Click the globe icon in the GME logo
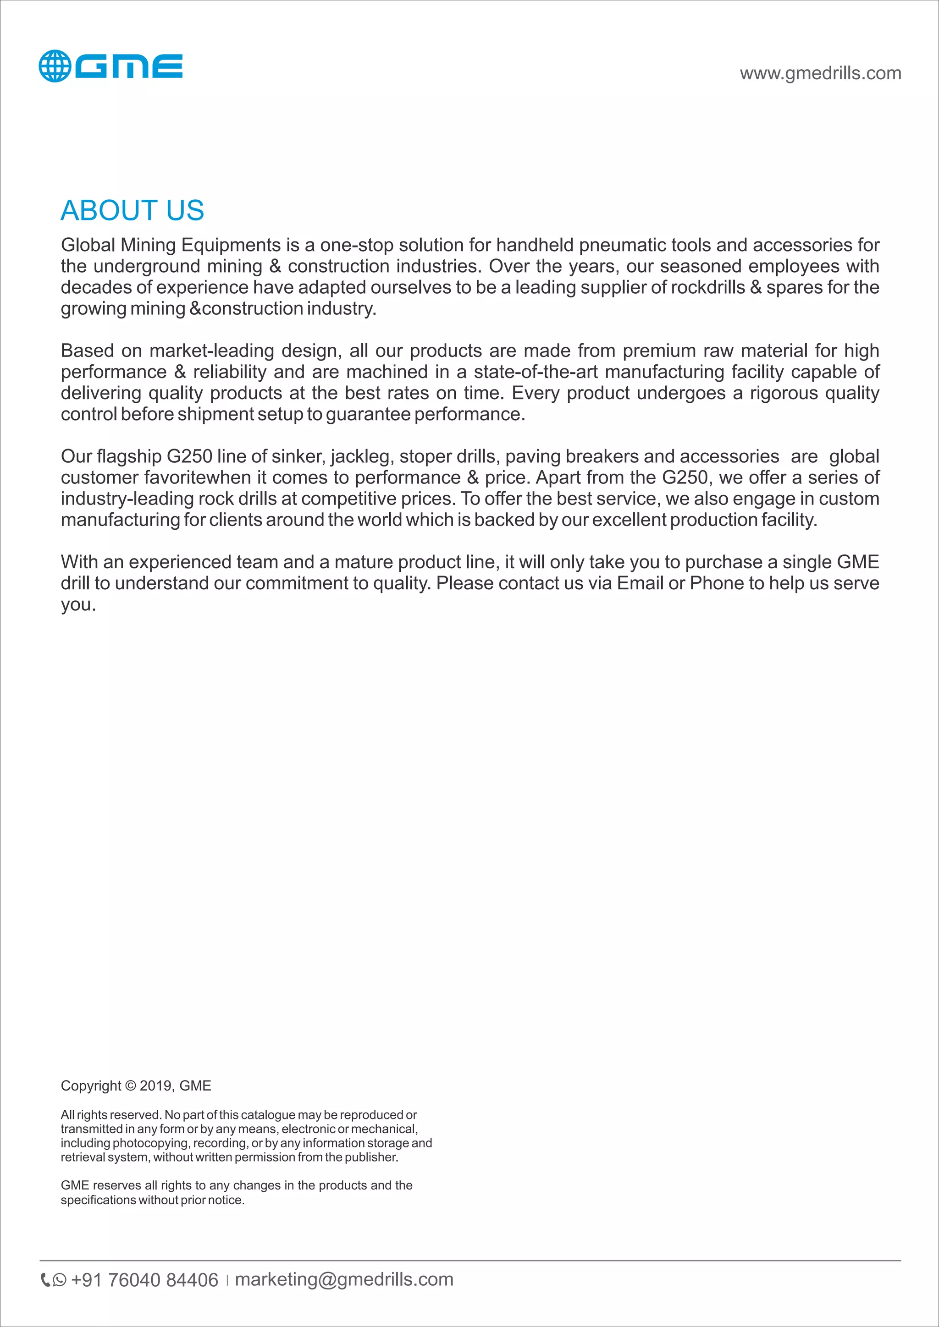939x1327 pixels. click(55, 66)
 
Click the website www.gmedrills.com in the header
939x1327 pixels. click(820, 73)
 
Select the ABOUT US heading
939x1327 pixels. click(133, 210)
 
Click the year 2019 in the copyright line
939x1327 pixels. click(155, 1086)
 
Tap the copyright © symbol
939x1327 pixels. click(130, 1086)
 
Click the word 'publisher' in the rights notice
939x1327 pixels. click(370, 1157)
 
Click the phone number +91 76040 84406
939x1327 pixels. click(144, 1280)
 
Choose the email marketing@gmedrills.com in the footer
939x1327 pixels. click(344, 1280)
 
